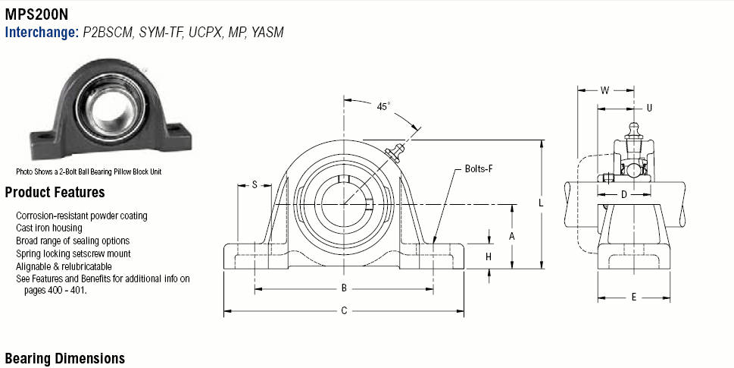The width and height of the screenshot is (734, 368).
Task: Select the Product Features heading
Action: [55, 193]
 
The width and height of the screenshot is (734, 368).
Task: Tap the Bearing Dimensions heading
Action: [64, 358]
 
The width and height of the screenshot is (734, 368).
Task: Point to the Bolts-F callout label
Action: [478, 168]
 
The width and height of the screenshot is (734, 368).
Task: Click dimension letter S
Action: [255, 184]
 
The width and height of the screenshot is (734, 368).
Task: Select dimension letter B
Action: [344, 288]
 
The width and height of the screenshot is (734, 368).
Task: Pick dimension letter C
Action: [344, 310]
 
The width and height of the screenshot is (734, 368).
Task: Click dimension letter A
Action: [512, 236]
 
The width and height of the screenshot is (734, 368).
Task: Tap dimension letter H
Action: [489, 256]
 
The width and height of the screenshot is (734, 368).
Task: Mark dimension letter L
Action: [541, 203]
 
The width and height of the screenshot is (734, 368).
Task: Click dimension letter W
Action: [604, 90]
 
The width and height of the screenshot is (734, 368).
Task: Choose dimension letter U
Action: [648, 108]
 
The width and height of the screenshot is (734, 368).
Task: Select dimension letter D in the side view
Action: [623, 195]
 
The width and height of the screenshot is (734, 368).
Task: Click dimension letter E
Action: [634, 297]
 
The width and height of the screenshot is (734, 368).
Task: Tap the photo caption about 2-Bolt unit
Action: [89, 171]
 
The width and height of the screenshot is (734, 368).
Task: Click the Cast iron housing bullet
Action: [49, 228]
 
